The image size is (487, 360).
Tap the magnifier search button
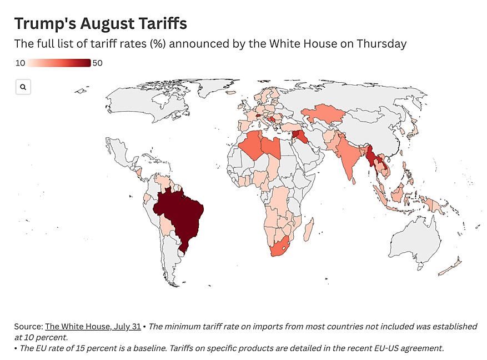(23, 87)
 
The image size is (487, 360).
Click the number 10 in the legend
(19, 63)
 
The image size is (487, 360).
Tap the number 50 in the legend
(97, 63)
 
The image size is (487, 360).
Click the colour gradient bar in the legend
(59, 63)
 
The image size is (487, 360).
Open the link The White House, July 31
(93, 327)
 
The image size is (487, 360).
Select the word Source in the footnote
(28, 327)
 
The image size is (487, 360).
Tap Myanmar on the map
(369, 159)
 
